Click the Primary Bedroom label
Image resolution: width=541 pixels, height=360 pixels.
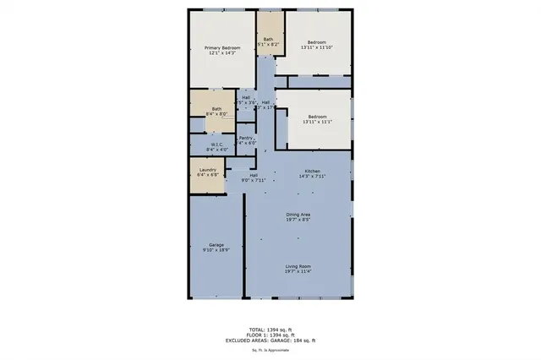click(x=222, y=48)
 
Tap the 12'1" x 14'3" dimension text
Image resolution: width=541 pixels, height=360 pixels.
click(x=222, y=54)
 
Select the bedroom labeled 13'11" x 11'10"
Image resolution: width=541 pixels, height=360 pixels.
click(x=317, y=46)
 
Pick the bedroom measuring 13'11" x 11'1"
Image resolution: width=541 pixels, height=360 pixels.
click(x=317, y=120)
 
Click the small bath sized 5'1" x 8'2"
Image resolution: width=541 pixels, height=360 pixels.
click(x=268, y=41)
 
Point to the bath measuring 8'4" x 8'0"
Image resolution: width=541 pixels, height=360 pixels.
click(x=216, y=111)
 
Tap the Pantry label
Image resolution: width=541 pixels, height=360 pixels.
click(x=246, y=139)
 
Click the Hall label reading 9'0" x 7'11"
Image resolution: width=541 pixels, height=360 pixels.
click(x=254, y=177)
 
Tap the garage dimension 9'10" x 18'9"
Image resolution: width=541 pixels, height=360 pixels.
click(x=216, y=249)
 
